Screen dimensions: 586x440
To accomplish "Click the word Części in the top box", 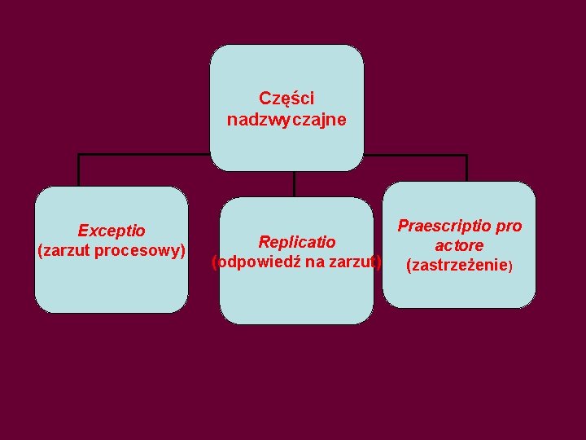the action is (x=286, y=99).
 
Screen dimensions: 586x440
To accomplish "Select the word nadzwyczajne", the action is (x=286, y=120).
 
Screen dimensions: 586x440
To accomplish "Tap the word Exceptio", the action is (x=112, y=231).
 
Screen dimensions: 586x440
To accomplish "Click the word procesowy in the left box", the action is (x=140, y=249).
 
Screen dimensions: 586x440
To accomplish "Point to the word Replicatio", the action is (x=296, y=242).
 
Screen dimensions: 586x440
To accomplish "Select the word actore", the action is (x=459, y=245).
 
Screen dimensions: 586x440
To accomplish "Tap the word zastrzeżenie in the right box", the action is (x=459, y=265).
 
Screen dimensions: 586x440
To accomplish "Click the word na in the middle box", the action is (x=313, y=262).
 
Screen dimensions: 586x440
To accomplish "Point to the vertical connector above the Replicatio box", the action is (x=294, y=183).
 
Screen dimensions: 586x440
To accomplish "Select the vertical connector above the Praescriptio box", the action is (x=466, y=167).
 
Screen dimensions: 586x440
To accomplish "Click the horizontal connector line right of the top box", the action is (x=415, y=154).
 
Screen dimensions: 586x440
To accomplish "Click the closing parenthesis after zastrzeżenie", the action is (x=510, y=266).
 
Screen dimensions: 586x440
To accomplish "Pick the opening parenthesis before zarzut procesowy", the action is (x=41, y=249).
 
